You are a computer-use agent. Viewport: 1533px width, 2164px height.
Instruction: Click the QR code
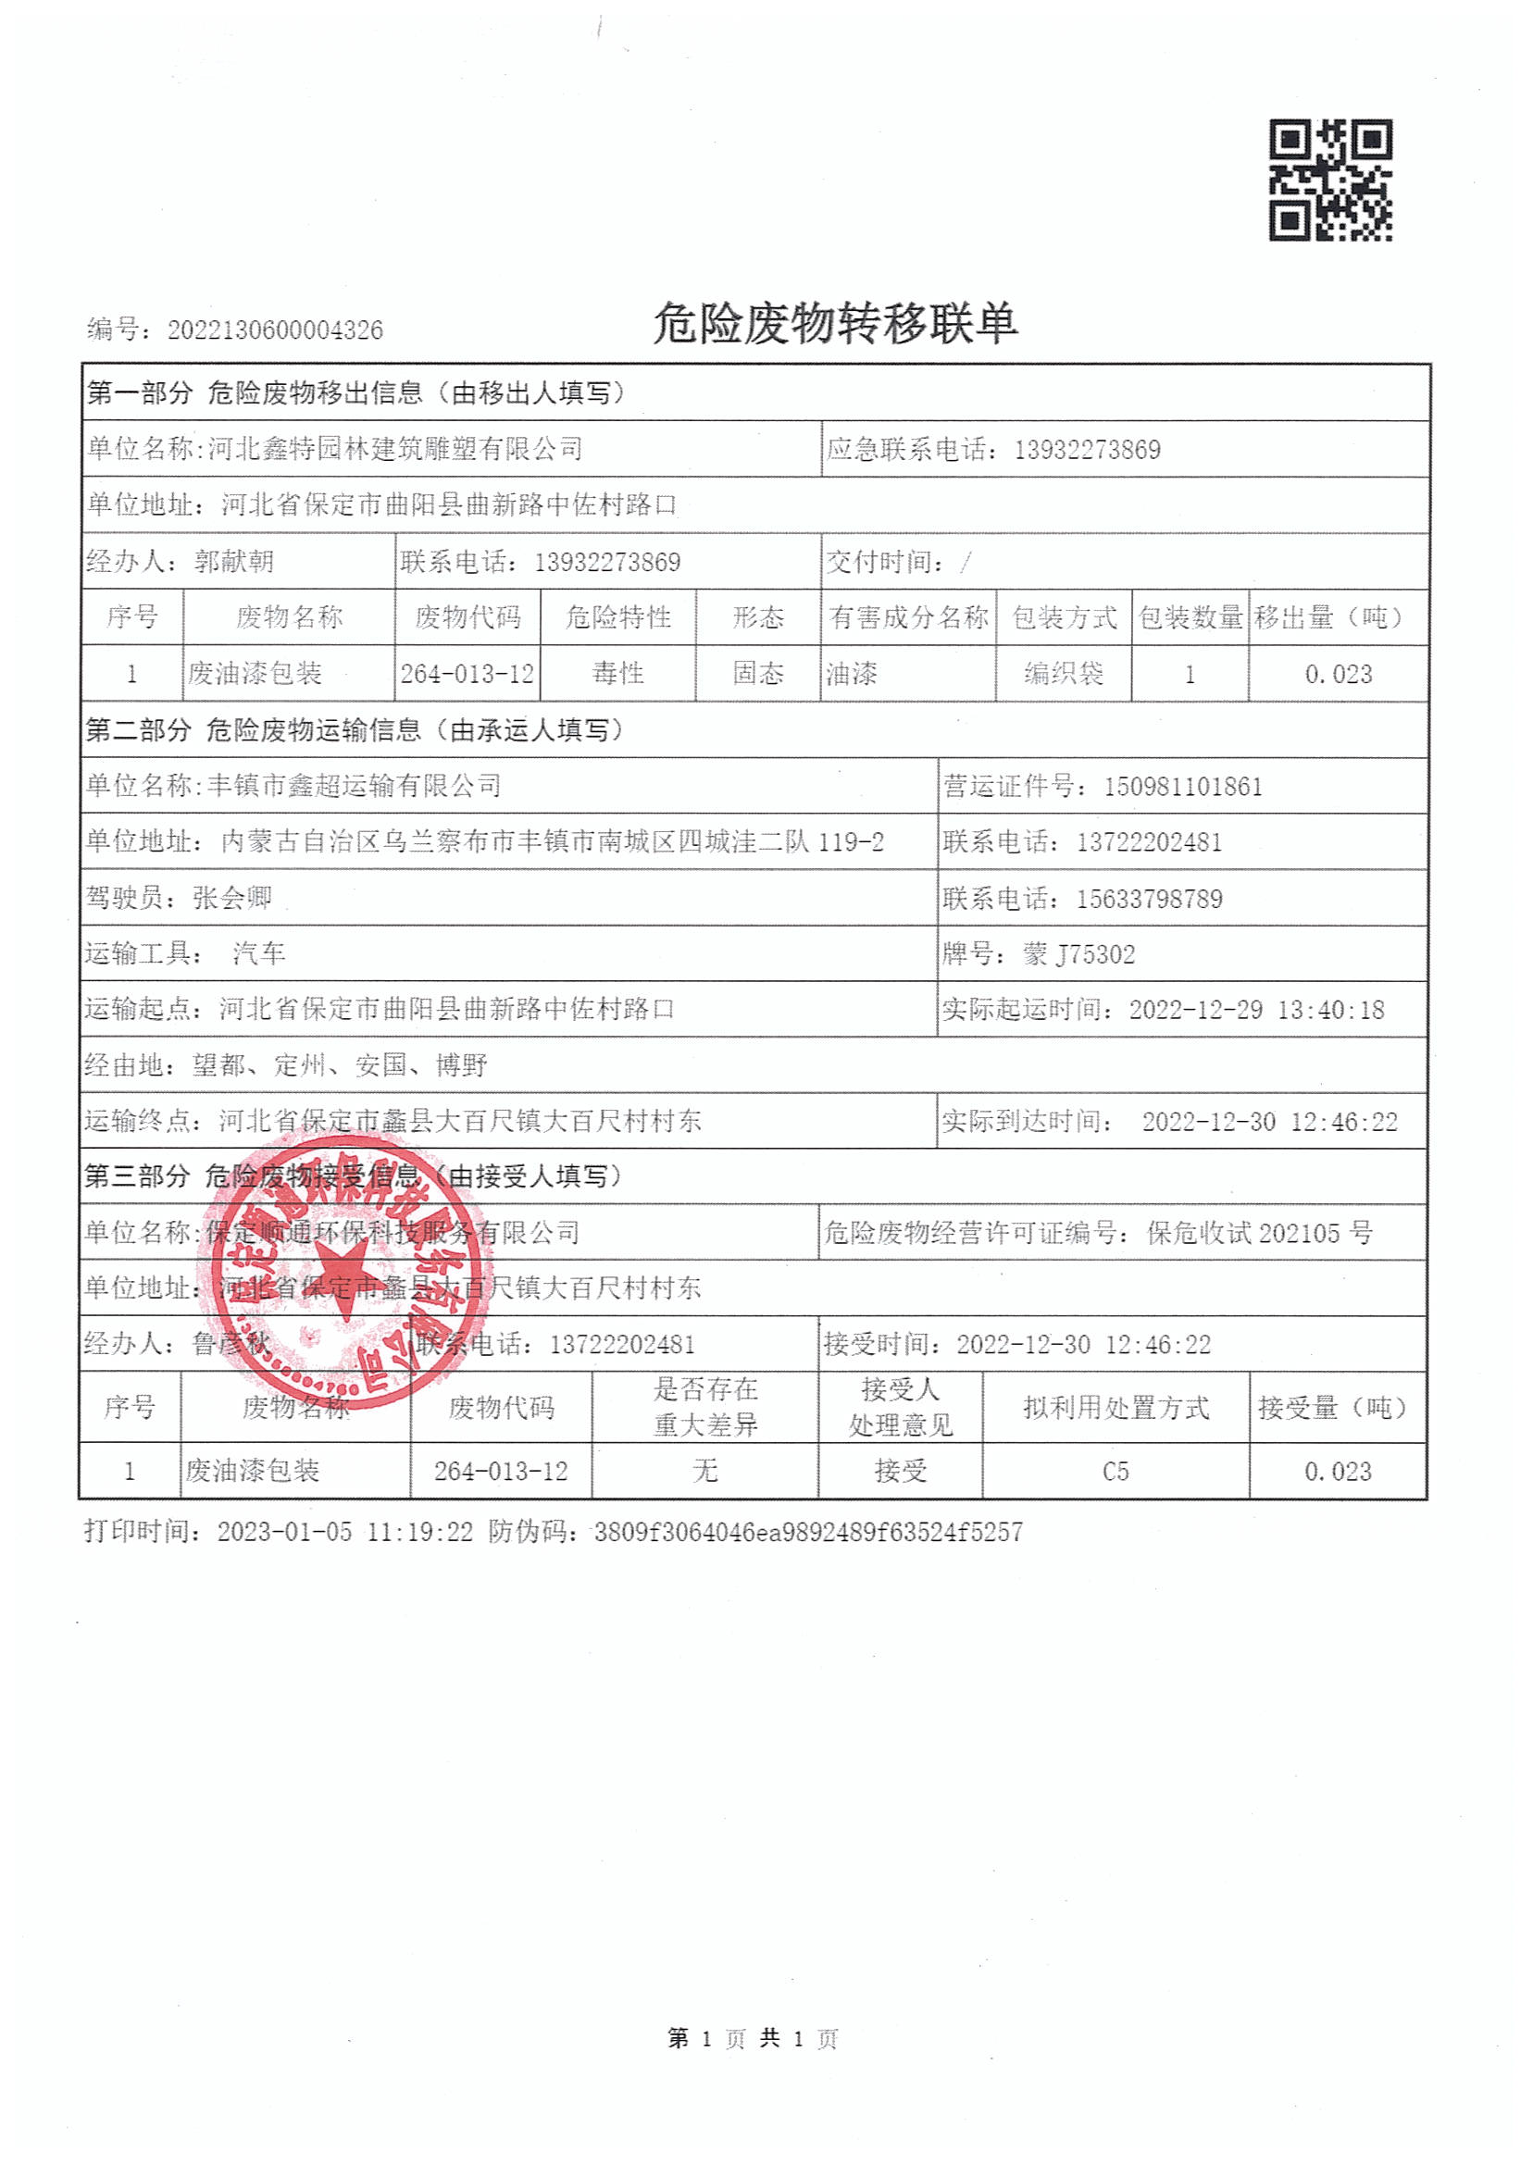click(x=1330, y=180)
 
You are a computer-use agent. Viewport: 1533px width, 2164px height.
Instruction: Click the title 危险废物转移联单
click(x=834, y=324)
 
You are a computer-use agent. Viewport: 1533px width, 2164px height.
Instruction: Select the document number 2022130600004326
click(x=275, y=330)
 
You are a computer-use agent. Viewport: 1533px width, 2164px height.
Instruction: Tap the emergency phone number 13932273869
click(x=1087, y=450)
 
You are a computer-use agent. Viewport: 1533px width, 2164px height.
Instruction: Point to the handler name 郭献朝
click(x=233, y=563)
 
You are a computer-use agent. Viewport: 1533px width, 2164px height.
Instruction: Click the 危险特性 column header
click(x=618, y=617)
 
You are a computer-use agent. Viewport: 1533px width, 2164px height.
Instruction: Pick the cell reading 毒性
click(x=618, y=674)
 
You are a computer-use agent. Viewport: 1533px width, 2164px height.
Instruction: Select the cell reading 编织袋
click(x=1064, y=674)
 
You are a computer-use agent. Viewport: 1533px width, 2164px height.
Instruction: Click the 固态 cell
click(x=758, y=674)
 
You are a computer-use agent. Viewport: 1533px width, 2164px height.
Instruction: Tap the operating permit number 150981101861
click(x=1183, y=787)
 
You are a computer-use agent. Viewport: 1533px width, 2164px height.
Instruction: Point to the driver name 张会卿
click(x=232, y=898)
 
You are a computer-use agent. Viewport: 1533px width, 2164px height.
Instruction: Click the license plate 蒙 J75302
click(x=1079, y=954)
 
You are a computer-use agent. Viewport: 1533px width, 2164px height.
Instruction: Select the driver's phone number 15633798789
click(x=1149, y=899)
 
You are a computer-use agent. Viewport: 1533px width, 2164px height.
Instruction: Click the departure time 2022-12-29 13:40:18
click(x=1256, y=1010)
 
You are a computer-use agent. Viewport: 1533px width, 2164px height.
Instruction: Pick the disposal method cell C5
click(x=1115, y=1472)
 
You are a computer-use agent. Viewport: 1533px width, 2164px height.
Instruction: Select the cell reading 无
click(x=704, y=1472)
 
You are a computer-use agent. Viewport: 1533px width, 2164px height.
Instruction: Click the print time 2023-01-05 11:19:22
click(x=344, y=1532)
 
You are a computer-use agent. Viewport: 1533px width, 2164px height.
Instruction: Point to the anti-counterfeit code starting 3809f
click(x=808, y=1532)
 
